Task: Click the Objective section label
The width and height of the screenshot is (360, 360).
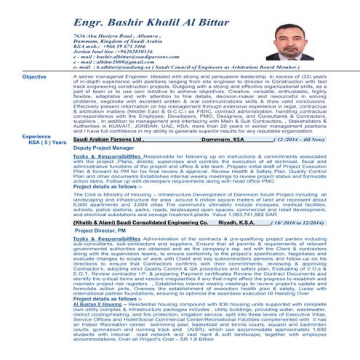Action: coord(34,76)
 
